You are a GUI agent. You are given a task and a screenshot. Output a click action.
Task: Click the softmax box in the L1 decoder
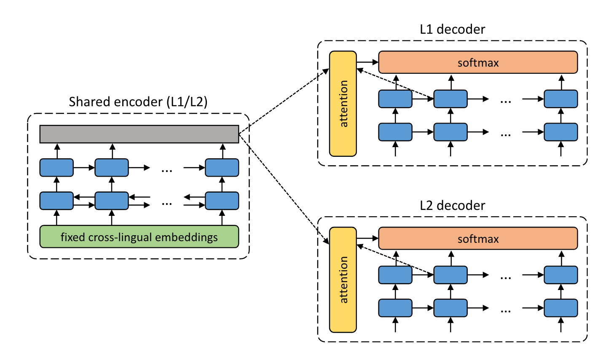(478, 62)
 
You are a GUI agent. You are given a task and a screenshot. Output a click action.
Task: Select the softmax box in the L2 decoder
(478, 238)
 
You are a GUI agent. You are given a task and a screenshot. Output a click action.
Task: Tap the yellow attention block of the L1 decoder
(343, 104)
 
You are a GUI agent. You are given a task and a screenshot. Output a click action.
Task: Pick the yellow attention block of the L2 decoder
(343, 280)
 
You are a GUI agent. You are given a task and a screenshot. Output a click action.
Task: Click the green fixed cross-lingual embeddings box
(139, 236)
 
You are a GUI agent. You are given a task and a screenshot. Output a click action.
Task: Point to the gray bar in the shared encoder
(139, 134)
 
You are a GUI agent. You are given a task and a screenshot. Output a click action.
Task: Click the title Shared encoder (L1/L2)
(138, 102)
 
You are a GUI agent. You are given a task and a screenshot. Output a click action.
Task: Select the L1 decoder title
(452, 29)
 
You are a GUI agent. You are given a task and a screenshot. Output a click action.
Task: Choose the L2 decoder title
(452, 205)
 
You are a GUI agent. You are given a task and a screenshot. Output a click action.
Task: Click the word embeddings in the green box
(186, 237)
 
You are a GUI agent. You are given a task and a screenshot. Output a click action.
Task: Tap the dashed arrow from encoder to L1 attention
(284, 101)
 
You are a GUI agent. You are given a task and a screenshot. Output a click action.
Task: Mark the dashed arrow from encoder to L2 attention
(284, 188)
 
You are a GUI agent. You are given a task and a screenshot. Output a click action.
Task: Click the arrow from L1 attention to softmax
(367, 62)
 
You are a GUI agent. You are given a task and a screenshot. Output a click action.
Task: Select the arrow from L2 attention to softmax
(367, 238)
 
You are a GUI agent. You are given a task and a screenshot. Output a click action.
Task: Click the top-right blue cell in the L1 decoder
(561, 99)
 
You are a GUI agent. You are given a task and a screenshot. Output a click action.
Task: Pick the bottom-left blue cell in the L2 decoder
(395, 308)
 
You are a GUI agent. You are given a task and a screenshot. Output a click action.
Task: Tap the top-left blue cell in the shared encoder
(56, 168)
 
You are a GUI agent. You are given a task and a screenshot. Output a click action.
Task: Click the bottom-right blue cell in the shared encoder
(222, 201)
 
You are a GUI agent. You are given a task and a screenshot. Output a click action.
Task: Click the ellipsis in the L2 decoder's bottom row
(506, 311)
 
